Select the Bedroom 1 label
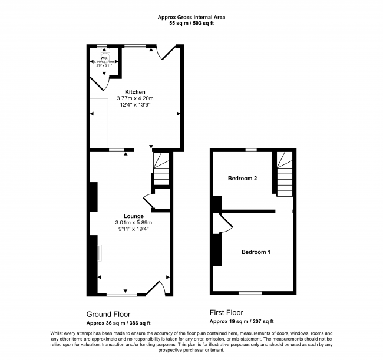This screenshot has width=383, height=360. pos(256,252)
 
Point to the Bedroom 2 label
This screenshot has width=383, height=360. pos(242,178)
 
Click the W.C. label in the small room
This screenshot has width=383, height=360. pos(103,57)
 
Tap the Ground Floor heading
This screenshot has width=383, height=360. pos(108,314)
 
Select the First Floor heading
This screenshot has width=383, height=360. pos(227,312)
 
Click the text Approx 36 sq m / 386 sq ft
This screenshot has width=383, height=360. pos(118,323)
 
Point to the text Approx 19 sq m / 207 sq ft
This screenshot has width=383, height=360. pos(242,321)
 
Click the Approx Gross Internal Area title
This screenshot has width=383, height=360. pos(191,18)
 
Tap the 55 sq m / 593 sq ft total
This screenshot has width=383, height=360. pos(191,24)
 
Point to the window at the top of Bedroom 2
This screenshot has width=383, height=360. pos(251,150)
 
